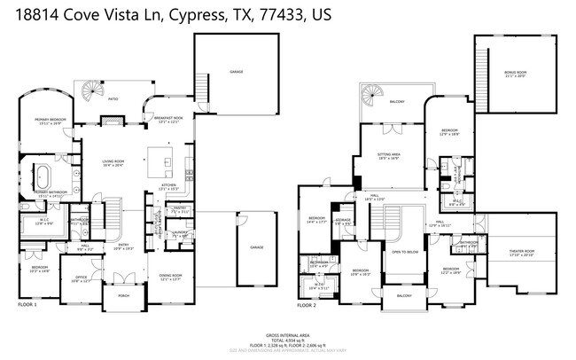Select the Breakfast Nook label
coord(168,120)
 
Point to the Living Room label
coord(113,162)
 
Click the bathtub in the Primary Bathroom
coord(44,174)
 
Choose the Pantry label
coord(178,211)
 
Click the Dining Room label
coord(170,276)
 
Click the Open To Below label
coord(404,252)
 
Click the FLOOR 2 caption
coord(307,304)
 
